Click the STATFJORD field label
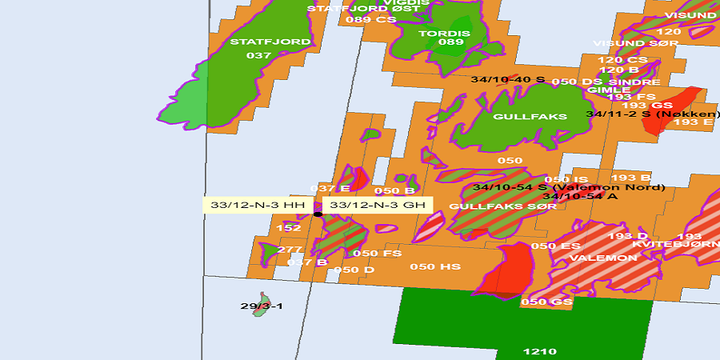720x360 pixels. click(258, 42)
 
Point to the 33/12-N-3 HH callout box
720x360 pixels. click(258, 205)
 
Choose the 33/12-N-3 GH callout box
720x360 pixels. click(377, 205)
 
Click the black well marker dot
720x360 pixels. click(318, 214)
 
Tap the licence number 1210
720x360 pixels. click(538, 351)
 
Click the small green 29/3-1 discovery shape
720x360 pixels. click(260, 310)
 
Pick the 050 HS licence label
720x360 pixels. click(434, 266)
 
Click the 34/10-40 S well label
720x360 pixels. click(508, 80)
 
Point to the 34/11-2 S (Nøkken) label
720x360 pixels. click(652, 114)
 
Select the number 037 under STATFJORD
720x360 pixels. click(258, 55)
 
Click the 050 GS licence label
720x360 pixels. click(546, 302)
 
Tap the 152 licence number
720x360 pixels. click(289, 228)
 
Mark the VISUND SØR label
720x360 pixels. click(630, 43)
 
